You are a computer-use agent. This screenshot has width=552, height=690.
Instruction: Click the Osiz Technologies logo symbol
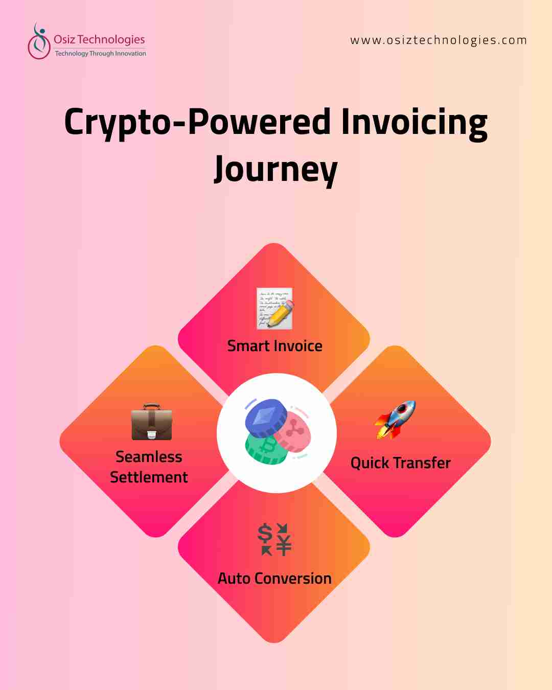pyautogui.click(x=38, y=41)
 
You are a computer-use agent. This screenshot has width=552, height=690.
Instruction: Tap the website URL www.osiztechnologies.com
pyautogui.click(x=438, y=40)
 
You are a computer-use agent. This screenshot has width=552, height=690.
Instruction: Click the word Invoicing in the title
pyautogui.click(x=414, y=123)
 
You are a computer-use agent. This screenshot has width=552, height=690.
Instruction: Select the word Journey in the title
pyautogui.click(x=276, y=169)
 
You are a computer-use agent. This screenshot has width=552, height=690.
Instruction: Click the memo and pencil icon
pyautogui.click(x=275, y=308)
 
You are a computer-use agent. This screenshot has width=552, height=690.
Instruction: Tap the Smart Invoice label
pyautogui.click(x=275, y=346)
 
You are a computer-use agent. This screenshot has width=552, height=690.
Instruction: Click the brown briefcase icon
pyautogui.click(x=152, y=422)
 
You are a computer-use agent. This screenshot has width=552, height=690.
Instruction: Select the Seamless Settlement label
pyautogui.click(x=149, y=467)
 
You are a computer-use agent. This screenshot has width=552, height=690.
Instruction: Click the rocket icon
pyautogui.click(x=395, y=420)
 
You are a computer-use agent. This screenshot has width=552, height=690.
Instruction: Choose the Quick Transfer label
pyautogui.click(x=400, y=463)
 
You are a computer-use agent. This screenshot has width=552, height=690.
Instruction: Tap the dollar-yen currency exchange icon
pyautogui.click(x=274, y=539)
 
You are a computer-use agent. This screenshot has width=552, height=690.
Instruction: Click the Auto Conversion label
pyautogui.click(x=275, y=579)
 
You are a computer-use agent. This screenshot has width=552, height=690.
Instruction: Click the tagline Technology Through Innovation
pyautogui.click(x=100, y=53)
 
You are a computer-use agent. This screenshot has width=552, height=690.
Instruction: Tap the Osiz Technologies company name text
pyautogui.click(x=99, y=39)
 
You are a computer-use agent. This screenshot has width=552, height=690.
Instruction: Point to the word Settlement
pyautogui.click(x=149, y=477)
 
